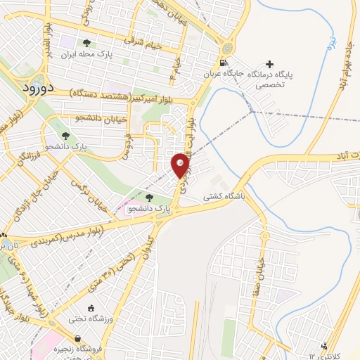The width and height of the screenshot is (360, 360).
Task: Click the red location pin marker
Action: coord(181,166)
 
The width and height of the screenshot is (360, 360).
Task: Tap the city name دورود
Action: coord(31,89)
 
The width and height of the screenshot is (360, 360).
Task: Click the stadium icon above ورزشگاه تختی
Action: coord(90,308)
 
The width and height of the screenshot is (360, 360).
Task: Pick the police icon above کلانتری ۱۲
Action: coord(323,345)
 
